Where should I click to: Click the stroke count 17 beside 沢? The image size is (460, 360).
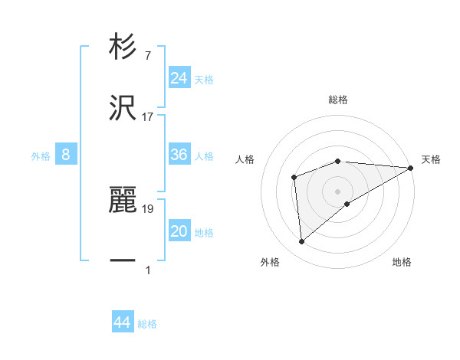[148, 117]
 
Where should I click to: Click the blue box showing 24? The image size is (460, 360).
[179, 77]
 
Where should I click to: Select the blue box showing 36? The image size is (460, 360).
[179, 155]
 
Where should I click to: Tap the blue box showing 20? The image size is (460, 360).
[179, 231]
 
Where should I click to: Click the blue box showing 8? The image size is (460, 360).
[66, 155]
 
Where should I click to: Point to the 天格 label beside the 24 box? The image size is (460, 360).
[204, 79]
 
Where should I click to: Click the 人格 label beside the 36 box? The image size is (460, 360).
[204, 156]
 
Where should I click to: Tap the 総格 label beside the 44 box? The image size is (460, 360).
[147, 324]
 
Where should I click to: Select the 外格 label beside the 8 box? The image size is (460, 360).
[41, 156]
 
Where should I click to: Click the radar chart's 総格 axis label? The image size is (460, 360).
[338, 100]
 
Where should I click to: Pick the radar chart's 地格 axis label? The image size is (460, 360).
[402, 262]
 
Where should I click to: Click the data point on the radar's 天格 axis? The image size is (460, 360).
[411, 167]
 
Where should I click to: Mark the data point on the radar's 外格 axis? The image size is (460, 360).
[301, 242]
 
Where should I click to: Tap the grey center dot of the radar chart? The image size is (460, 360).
[338, 191]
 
